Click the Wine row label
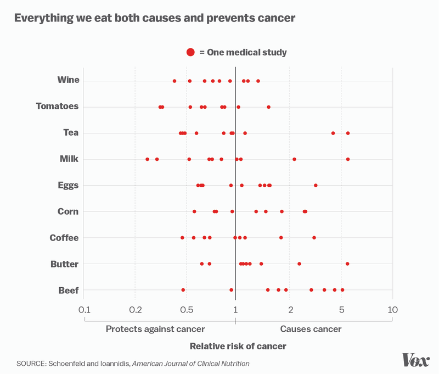tap(68, 80)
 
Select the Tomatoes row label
tap(57, 106)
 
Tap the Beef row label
tap(69, 291)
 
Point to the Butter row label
tap(65, 264)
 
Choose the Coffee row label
tap(64, 238)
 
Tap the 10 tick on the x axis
tap(392, 310)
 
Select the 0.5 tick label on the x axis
tap(187, 310)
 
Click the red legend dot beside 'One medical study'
tap(190, 52)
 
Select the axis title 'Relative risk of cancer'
tap(238, 346)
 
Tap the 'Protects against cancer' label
tap(155, 329)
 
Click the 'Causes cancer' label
tap(311, 329)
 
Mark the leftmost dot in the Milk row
tap(147, 159)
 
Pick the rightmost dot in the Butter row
tap(347, 264)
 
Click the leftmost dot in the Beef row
tap(183, 290)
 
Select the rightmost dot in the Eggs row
tap(316, 186)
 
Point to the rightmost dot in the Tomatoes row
tap(268, 107)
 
